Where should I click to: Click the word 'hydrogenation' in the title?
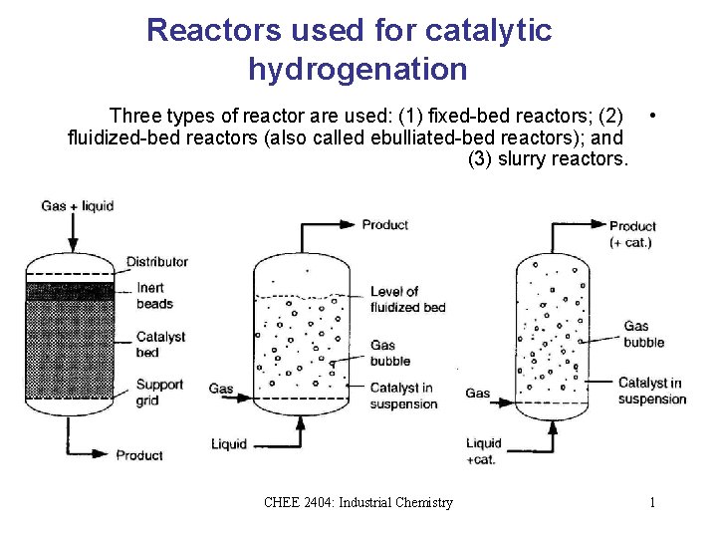[x=358, y=69]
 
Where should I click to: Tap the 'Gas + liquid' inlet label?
[x=78, y=206]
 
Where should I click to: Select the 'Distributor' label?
[x=157, y=262]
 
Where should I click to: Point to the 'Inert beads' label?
[x=154, y=296]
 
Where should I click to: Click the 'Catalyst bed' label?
[x=160, y=344]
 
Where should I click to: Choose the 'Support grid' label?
[x=159, y=393]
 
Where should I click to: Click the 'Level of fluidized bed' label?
[x=407, y=299]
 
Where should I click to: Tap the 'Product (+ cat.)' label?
[x=632, y=234]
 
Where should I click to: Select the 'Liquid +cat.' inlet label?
[x=484, y=451]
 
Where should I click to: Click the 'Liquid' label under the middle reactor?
[x=229, y=443]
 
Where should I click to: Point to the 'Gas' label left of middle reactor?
[x=221, y=389]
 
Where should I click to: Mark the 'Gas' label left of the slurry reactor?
[x=478, y=394]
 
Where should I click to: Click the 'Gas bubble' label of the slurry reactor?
[x=643, y=334]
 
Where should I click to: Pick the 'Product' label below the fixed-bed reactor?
[x=139, y=455]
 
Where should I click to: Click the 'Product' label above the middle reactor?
[x=385, y=224]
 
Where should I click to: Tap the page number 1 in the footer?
[x=652, y=502]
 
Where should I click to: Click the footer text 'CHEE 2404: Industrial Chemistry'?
[x=358, y=502]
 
